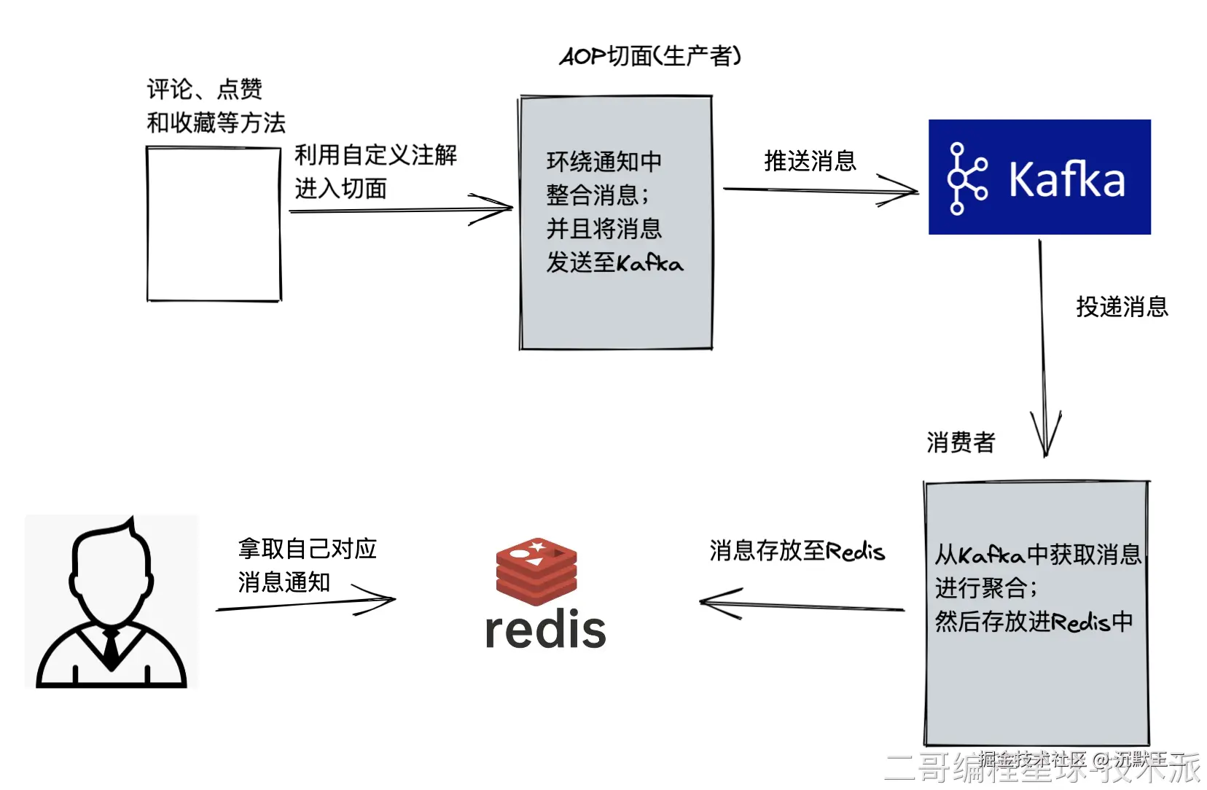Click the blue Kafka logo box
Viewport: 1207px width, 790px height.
point(1039,177)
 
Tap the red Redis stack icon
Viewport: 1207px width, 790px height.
point(536,571)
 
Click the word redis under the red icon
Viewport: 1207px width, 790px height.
point(545,630)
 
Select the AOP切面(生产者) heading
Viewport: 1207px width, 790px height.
point(650,56)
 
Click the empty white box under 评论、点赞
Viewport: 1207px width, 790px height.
point(214,224)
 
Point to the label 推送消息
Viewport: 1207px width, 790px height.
point(810,161)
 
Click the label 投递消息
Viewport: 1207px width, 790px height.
point(1122,307)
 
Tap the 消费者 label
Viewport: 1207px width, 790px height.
point(961,442)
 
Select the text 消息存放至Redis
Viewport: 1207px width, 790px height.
point(797,551)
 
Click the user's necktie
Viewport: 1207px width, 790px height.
point(111,646)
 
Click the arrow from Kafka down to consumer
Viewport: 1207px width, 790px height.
point(1043,350)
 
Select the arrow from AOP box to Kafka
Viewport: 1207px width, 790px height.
point(820,191)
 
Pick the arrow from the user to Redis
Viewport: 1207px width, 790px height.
point(306,603)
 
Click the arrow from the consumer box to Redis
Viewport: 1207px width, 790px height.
point(802,605)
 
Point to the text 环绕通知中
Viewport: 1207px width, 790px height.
point(604,161)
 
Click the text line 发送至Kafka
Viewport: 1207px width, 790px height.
point(614,263)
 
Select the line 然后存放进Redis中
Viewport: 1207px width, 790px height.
point(1034,622)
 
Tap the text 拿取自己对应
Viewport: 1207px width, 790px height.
point(307,549)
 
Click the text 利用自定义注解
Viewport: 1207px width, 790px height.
point(375,155)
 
